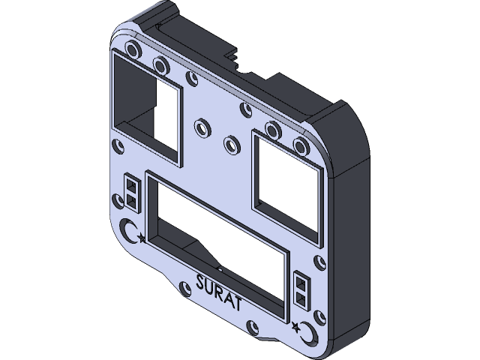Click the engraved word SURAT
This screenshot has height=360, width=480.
218,292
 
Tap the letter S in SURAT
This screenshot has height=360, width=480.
200,284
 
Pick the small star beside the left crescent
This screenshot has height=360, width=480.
140,239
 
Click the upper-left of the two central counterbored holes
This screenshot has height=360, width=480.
201,126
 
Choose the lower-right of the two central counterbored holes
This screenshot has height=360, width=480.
232,142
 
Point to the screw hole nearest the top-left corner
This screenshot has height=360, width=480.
133,52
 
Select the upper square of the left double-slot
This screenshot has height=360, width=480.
131,185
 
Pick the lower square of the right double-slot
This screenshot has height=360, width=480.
301,298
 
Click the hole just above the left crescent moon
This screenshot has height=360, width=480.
118,202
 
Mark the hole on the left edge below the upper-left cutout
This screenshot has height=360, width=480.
115,146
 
